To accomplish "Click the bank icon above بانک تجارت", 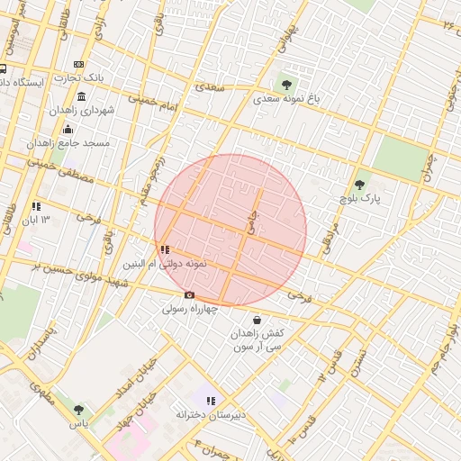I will pyautogui.click(x=79, y=65).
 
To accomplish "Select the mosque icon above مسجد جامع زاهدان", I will pyautogui.click(x=68, y=130).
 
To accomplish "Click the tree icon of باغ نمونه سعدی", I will pyautogui.click(x=287, y=86).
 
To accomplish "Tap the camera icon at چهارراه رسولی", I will pyautogui.click(x=189, y=295).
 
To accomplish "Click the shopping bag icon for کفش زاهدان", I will pyautogui.click(x=258, y=320).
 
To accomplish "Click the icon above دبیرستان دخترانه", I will pyautogui.click(x=211, y=401).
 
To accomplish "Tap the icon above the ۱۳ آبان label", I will pyautogui.click(x=36, y=206).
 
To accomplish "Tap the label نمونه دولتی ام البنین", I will pyautogui.click(x=166, y=264).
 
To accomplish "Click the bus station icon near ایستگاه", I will pyautogui.click(x=4, y=68).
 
